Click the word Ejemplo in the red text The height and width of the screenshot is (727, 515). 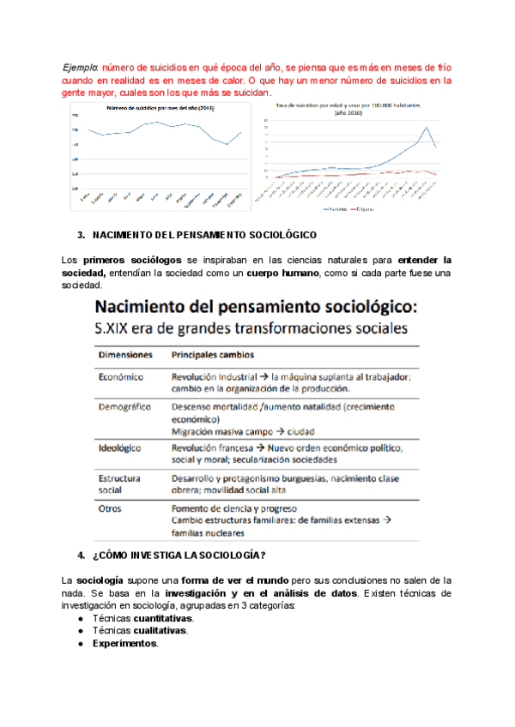coord(82,66)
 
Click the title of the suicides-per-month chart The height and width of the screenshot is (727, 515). coord(160,108)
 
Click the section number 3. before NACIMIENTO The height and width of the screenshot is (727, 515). coord(81,234)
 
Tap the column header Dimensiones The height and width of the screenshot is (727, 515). coord(124,353)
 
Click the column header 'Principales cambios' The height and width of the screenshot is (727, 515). coord(212,353)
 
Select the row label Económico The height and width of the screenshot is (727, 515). coord(121,376)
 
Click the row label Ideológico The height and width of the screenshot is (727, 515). coord(120,448)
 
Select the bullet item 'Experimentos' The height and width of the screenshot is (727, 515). coord(125,643)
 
